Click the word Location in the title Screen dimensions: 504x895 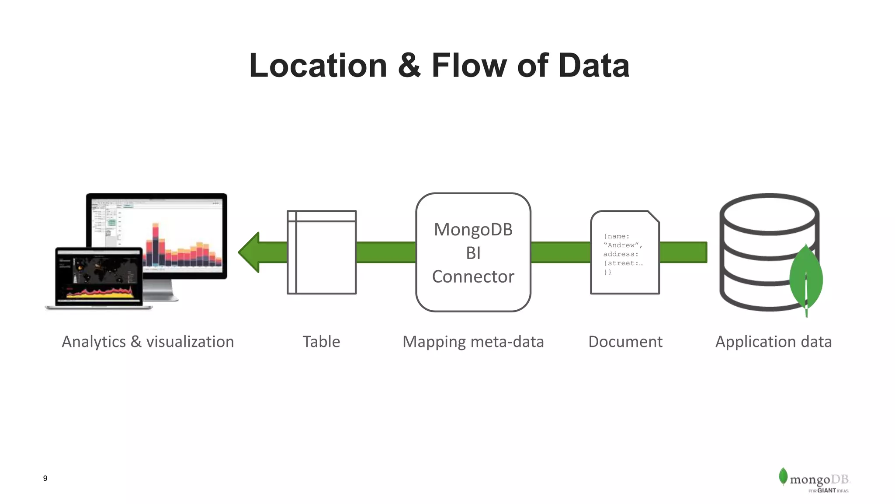tap(318, 66)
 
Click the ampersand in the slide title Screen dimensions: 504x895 tap(409, 66)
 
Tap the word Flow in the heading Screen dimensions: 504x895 tap(469, 66)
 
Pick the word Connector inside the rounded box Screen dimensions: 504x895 tap(473, 276)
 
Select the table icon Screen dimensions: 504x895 tap(322, 252)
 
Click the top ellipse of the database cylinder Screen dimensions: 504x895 tap(769, 214)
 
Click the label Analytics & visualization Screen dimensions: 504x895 tap(148, 342)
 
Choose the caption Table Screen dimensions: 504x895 tap(321, 342)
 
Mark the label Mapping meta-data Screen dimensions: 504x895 tap(473, 342)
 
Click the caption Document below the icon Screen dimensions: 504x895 tap(625, 342)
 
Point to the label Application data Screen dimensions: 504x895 tap(773, 342)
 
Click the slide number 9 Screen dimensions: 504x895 tap(45, 478)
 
